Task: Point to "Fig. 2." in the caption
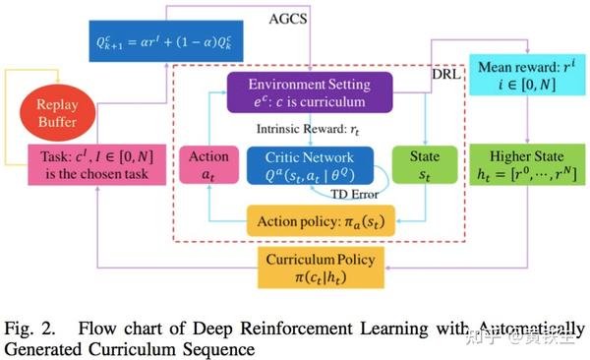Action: pos(29,329)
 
